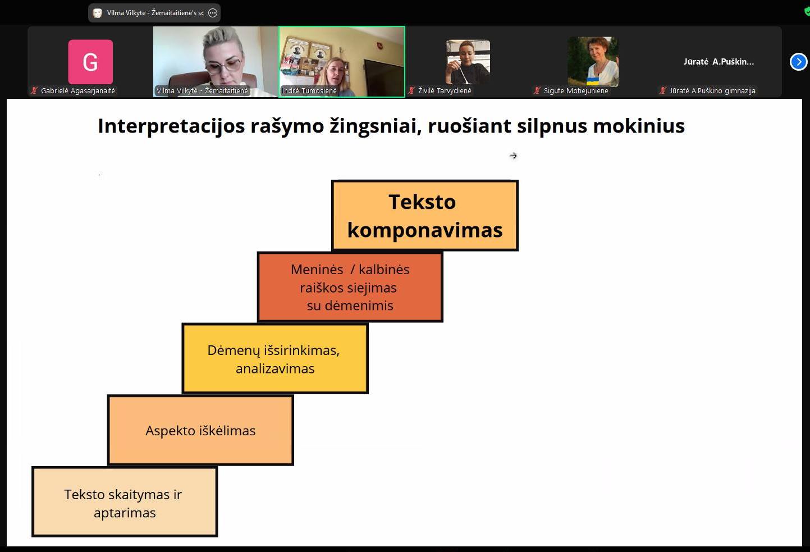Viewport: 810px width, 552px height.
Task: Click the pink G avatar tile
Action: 90,62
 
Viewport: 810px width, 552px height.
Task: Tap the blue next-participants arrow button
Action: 798,62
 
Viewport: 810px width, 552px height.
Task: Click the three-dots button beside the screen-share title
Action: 213,13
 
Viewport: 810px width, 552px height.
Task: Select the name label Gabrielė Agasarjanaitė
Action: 78,91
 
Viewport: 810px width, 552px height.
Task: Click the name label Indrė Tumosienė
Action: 309,91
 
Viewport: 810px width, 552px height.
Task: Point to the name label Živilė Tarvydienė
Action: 445,91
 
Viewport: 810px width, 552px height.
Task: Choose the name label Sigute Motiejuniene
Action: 576,91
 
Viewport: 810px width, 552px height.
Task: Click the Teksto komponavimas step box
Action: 425,216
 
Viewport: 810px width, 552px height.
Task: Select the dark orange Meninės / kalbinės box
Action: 350,287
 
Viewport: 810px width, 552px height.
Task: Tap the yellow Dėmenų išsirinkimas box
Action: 275,358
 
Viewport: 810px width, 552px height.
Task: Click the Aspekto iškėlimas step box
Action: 201,430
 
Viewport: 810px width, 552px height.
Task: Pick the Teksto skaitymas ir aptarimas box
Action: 125,501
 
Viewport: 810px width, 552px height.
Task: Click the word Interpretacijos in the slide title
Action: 171,126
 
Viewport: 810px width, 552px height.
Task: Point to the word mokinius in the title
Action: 639,126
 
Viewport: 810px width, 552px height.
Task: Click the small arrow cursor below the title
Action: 513,156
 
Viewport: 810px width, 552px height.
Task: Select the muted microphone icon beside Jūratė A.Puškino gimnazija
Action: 662,91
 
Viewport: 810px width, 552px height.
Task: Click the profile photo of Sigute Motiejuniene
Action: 593,62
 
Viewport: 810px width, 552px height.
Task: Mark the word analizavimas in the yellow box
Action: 275,368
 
